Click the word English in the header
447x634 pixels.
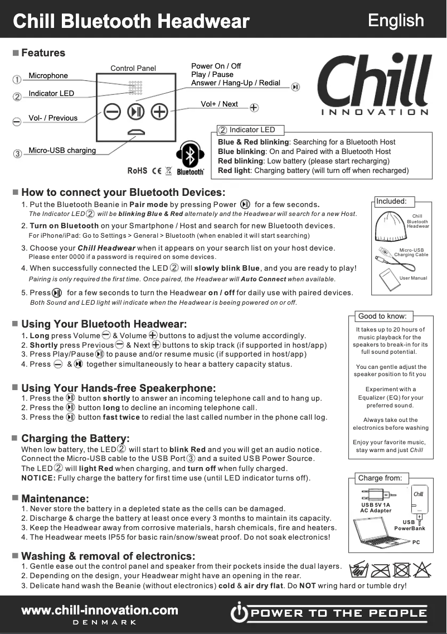pyautogui.click(x=396, y=21)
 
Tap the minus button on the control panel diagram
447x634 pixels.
pyautogui.click(x=112, y=112)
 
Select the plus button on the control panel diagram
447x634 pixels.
pyautogui.click(x=160, y=112)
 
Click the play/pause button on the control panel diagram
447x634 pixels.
pyautogui.click(x=135, y=112)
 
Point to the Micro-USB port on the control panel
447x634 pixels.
pyautogui.click(x=135, y=132)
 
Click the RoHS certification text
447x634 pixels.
pyautogui.click(x=137, y=171)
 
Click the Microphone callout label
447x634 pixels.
pyautogui.click(x=48, y=76)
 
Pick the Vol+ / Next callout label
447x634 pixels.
pyautogui.click(x=219, y=104)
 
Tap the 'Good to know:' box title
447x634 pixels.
pyautogui.click(x=382, y=316)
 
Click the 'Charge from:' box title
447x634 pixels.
pyautogui.click(x=382, y=478)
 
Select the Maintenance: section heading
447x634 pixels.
pyautogui.click(x=55, y=498)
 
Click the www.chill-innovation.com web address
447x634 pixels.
pyautogui.click(x=100, y=610)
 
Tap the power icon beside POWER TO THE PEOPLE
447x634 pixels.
pyautogui.click(x=238, y=613)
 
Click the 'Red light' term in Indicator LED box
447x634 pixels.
pyautogui.click(x=234, y=171)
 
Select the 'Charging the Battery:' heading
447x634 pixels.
pyautogui.click(x=75, y=439)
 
